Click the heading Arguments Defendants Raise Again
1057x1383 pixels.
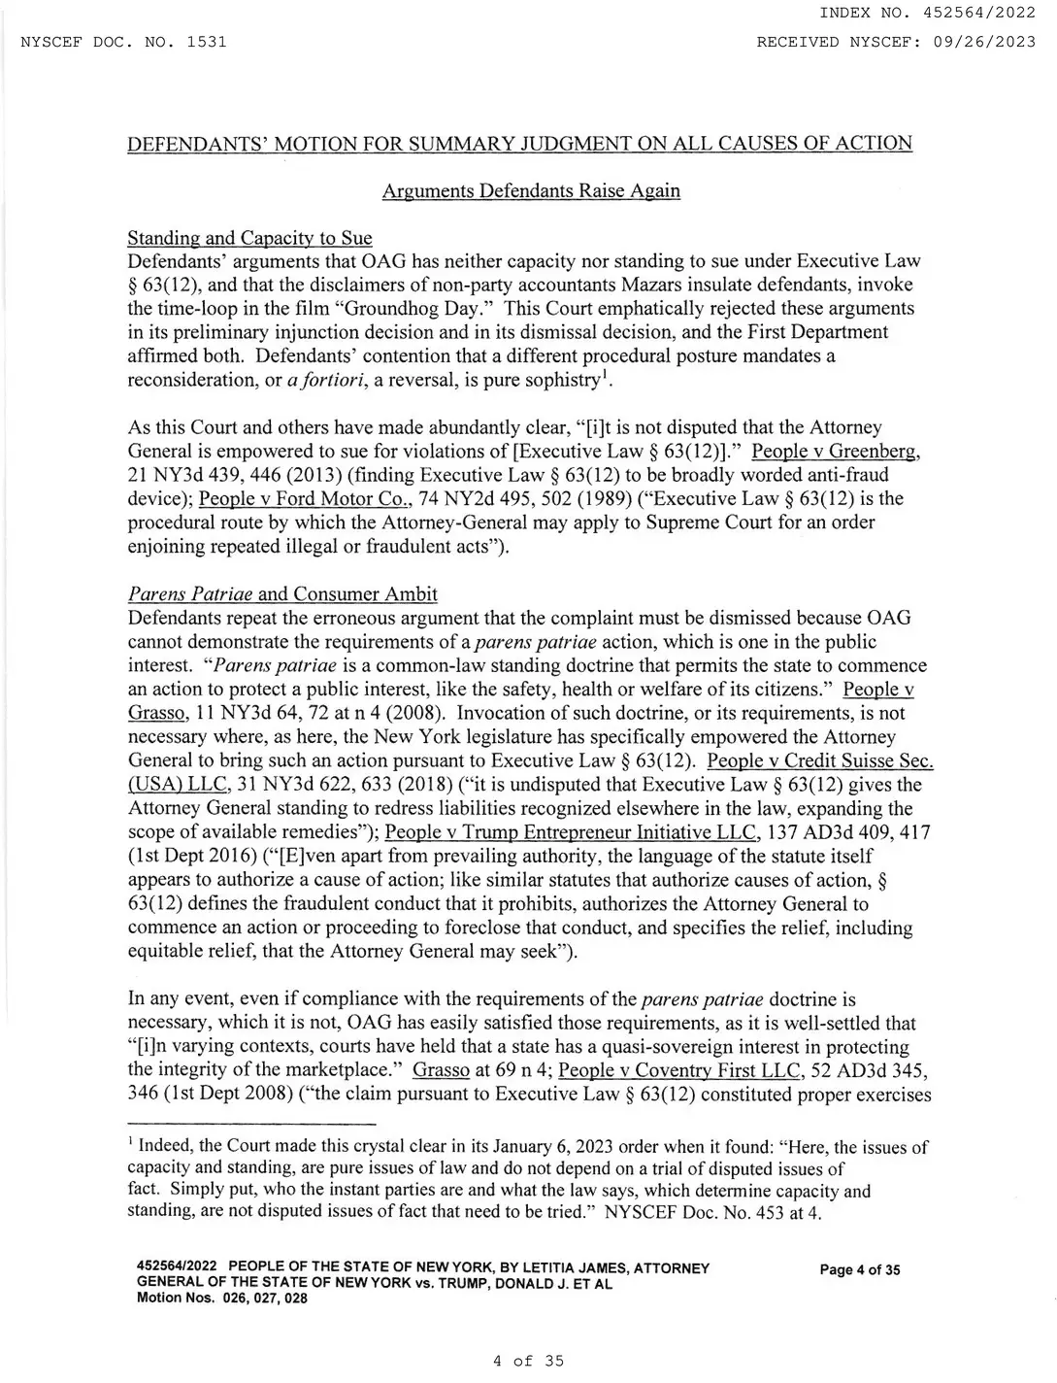(531, 190)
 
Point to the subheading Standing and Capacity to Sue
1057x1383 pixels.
(249, 238)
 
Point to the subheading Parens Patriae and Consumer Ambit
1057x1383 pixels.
(282, 593)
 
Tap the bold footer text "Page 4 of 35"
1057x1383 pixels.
(859, 1269)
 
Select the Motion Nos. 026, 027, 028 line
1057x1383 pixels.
(222, 1299)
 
